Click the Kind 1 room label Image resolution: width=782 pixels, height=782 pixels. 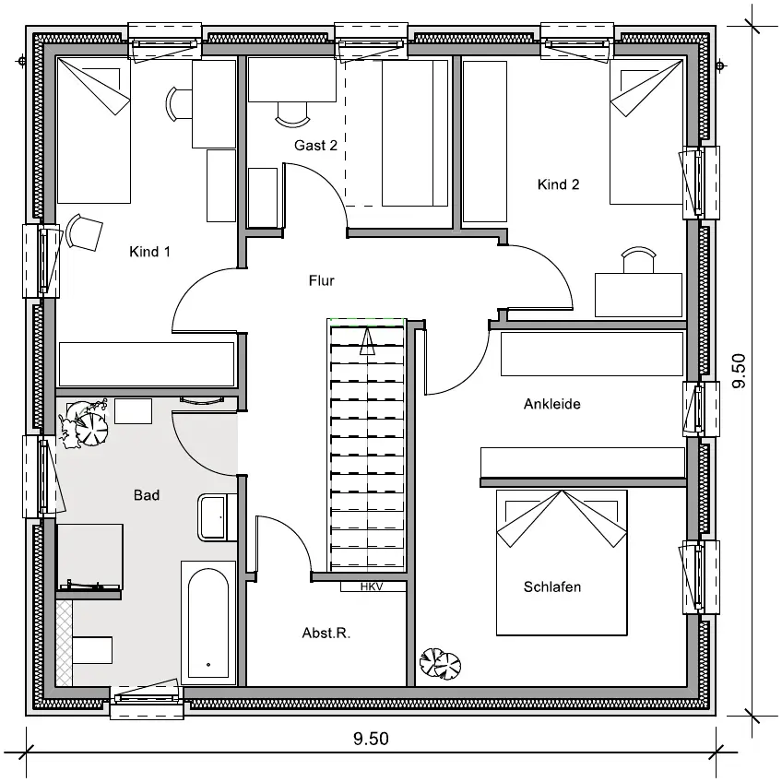pos(149,252)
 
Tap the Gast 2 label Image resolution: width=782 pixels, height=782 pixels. pos(315,145)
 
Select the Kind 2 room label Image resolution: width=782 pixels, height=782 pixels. pos(558,184)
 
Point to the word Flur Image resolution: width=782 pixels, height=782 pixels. pos(321,280)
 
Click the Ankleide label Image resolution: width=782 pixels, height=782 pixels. pos(552,404)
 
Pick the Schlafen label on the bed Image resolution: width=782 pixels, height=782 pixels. pos(552,586)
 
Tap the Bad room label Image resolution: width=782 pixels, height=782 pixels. pos(147,494)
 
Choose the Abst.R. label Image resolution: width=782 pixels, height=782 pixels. pos(326,633)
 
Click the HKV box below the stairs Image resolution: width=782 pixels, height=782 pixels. pos(372,586)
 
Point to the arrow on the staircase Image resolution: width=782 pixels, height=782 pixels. pos(367,340)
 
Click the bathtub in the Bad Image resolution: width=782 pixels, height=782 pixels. pos(208,622)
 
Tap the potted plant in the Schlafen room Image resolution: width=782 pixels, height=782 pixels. pos(440,663)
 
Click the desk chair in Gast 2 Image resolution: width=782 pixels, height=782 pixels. pos(292,114)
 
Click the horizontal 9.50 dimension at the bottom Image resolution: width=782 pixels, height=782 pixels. pos(371,738)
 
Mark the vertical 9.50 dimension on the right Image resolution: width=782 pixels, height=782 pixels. pos(739,370)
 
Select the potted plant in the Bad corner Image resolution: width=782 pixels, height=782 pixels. pos(83,422)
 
